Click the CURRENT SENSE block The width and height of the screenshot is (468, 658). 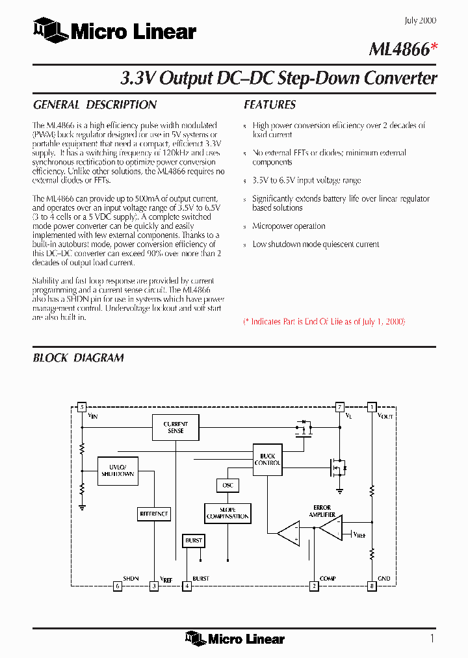click(x=175, y=427)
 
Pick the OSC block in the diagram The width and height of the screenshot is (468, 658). click(x=227, y=486)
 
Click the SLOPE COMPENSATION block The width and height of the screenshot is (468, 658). click(x=227, y=513)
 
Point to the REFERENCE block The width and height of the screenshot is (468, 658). click(x=154, y=514)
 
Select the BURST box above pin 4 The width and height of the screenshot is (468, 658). click(x=194, y=540)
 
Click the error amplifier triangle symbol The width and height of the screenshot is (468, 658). click(x=330, y=527)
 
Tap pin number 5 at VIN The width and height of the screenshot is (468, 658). click(x=81, y=408)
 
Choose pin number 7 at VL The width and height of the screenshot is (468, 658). click(x=339, y=408)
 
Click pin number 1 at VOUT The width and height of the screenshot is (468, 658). click(x=371, y=408)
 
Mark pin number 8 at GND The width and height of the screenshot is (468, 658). click(x=371, y=586)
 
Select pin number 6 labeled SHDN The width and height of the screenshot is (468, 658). click(x=118, y=586)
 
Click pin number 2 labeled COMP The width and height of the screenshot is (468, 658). click(x=314, y=586)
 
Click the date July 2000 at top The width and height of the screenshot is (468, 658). click(x=421, y=21)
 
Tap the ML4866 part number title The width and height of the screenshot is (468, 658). click(x=398, y=49)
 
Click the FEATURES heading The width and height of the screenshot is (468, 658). click(x=270, y=105)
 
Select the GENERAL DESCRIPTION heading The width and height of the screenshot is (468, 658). click(x=95, y=105)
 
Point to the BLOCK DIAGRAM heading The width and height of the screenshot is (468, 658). click(x=78, y=358)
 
